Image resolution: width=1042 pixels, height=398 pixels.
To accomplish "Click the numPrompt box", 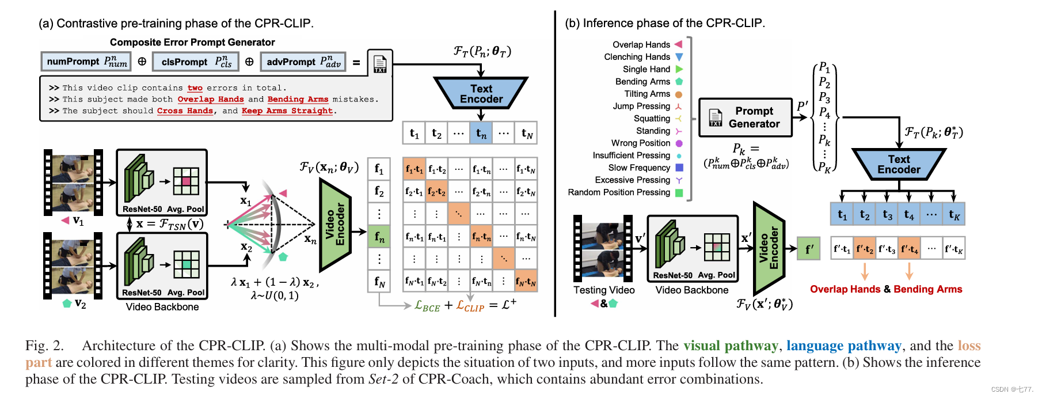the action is [x=86, y=62].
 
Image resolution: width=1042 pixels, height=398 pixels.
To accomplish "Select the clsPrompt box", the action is [x=196, y=62].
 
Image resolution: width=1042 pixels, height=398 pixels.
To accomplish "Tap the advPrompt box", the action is [x=303, y=62].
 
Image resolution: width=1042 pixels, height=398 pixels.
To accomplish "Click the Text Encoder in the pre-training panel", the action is [x=481, y=93].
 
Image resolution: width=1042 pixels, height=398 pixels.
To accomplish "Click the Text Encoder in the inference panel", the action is [x=899, y=164].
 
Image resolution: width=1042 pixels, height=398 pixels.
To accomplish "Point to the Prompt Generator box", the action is [x=746, y=117].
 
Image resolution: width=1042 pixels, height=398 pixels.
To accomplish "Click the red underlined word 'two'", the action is [x=195, y=88].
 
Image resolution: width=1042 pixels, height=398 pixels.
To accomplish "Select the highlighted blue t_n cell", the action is [x=481, y=134].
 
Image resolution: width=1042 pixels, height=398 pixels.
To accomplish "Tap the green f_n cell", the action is [x=379, y=236].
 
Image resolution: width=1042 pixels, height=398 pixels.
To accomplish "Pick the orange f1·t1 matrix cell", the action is [x=414, y=169].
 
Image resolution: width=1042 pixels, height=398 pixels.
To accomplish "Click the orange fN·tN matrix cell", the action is [x=526, y=281].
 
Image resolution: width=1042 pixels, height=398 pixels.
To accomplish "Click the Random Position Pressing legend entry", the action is [x=625, y=192].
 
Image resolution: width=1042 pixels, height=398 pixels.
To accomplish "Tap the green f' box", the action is [x=809, y=249].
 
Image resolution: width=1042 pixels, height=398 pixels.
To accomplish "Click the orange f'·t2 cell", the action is [x=864, y=249].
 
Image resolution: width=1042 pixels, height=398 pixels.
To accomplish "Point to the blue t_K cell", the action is [x=954, y=215].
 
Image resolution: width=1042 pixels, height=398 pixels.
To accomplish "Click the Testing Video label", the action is [x=604, y=290].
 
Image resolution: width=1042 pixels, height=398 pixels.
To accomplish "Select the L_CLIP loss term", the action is [x=470, y=306].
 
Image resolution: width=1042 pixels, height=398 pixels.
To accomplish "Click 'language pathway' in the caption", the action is [x=844, y=346].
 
